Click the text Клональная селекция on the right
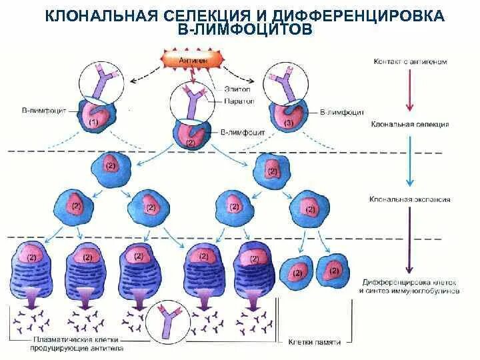(x=409, y=125)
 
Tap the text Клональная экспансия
(x=410, y=199)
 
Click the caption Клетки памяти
(x=315, y=342)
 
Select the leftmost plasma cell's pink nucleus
(x=29, y=254)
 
